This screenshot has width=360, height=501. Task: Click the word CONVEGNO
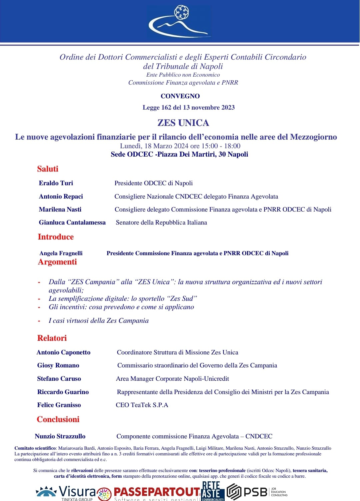(x=180, y=96)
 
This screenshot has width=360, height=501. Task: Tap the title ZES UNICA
(x=183, y=123)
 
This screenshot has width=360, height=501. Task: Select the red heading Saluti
(x=48, y=169)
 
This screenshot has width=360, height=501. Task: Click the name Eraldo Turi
(x=56, y=183)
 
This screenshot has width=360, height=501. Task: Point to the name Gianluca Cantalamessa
(x=72, y=222)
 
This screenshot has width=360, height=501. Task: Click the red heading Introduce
(x=56, y=237)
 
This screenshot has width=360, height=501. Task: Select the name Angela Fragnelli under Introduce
(x=61, y=253)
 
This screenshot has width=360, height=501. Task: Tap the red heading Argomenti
(x=57, y=262)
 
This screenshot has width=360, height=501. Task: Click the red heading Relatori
(x=52, y=338)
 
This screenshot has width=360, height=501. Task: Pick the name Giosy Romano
(x=58, y=365)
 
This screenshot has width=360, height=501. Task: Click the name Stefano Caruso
(x=59, y=379)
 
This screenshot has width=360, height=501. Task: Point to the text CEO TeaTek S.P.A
(x=142, y=405)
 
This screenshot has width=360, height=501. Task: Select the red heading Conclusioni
(x=58, y=419)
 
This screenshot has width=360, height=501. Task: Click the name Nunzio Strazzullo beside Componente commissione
(x=60, y=436)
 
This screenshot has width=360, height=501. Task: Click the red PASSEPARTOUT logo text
(x=157, y=492)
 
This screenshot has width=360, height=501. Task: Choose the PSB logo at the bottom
(x=247, y=492)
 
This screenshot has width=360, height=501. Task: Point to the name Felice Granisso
(x=59, y=405)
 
